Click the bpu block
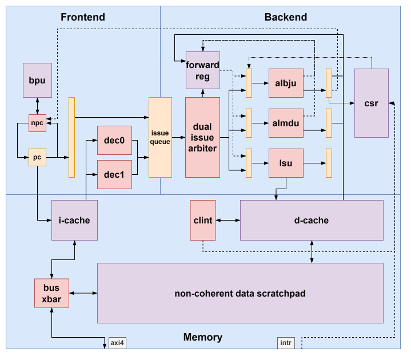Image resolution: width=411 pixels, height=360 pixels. (x=37, y=81)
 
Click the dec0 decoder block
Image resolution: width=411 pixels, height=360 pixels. (x=114, y=140)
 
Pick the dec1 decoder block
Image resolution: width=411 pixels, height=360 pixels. (x=114, y=174)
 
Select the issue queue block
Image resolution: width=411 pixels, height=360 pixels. (x=160, y=137)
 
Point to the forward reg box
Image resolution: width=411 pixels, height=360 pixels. (x=202, y=70)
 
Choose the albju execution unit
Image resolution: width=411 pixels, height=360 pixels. (x=286, y=83)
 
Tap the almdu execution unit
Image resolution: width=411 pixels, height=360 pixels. (x=286, y=123)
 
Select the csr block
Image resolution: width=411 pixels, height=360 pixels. (x=371, y=103)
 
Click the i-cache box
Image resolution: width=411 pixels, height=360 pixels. (x=74, y=220)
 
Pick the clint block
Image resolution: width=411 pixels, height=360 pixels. (x=203, y=220)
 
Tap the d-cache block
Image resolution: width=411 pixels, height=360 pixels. (x=312, y=220)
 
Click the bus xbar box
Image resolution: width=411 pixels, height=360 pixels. (x=51, y=293)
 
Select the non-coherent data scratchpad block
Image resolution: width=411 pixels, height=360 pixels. (x=240, y=293)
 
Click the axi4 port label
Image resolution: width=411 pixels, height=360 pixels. (x=117, y=343)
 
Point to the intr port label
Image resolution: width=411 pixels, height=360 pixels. (x=285, y=343)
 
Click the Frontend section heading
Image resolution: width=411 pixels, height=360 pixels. (x=83, y=17)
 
